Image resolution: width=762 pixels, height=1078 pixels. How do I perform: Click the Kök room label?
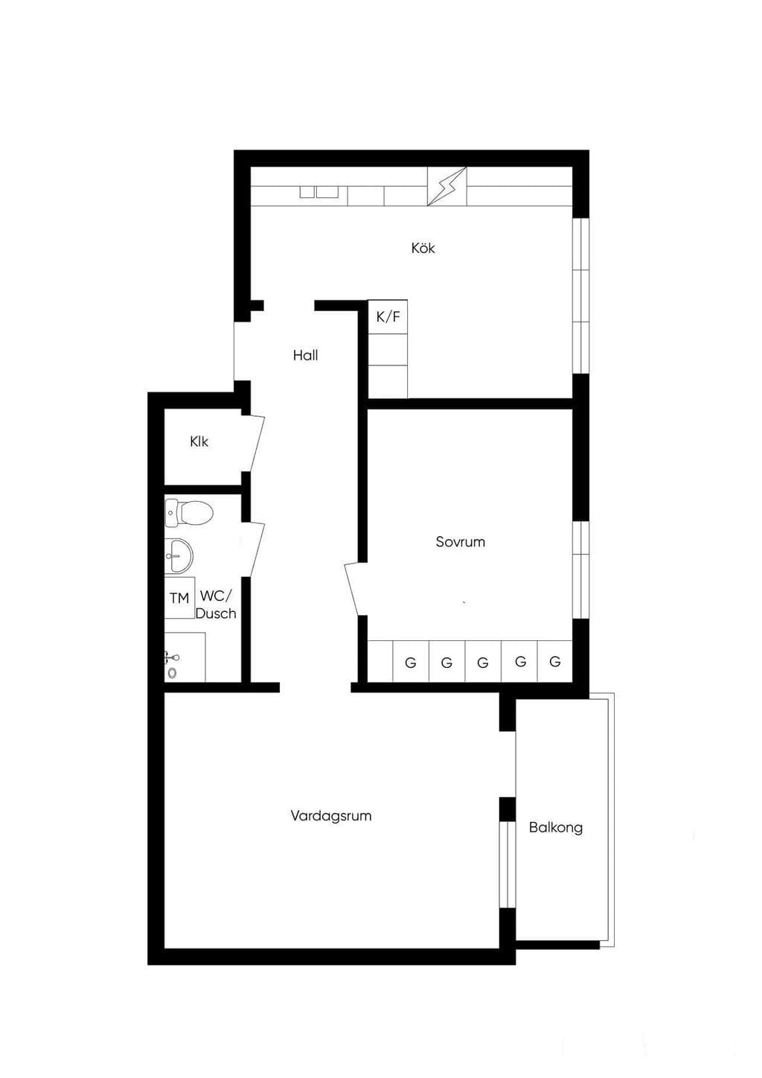(423, 248)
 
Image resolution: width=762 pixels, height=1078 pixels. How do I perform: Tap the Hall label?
(306, 356)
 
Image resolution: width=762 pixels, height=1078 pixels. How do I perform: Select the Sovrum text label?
(461, 542)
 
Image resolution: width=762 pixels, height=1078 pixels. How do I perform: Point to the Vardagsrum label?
(331, 816)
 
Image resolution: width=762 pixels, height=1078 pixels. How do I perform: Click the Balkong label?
(556, 828)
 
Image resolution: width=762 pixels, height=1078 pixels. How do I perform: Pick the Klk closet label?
(199, 441)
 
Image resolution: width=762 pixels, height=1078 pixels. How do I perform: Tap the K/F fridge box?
(388, 317)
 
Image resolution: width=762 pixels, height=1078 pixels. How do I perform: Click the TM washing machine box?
(179, 599)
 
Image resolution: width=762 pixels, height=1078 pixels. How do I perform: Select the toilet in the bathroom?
(188, 513)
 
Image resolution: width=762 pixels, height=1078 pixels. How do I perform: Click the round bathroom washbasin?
(178, 556)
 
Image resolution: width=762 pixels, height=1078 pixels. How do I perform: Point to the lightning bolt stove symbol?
(447, 186)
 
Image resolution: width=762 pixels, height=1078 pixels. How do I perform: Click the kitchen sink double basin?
(319, 192)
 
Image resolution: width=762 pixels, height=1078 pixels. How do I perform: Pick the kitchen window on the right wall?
(580, 296)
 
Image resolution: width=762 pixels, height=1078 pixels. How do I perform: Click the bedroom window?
(580, 570)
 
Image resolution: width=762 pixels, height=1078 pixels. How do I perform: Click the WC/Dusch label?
(216, 605)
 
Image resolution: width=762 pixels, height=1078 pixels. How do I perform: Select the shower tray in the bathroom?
(185, 657)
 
